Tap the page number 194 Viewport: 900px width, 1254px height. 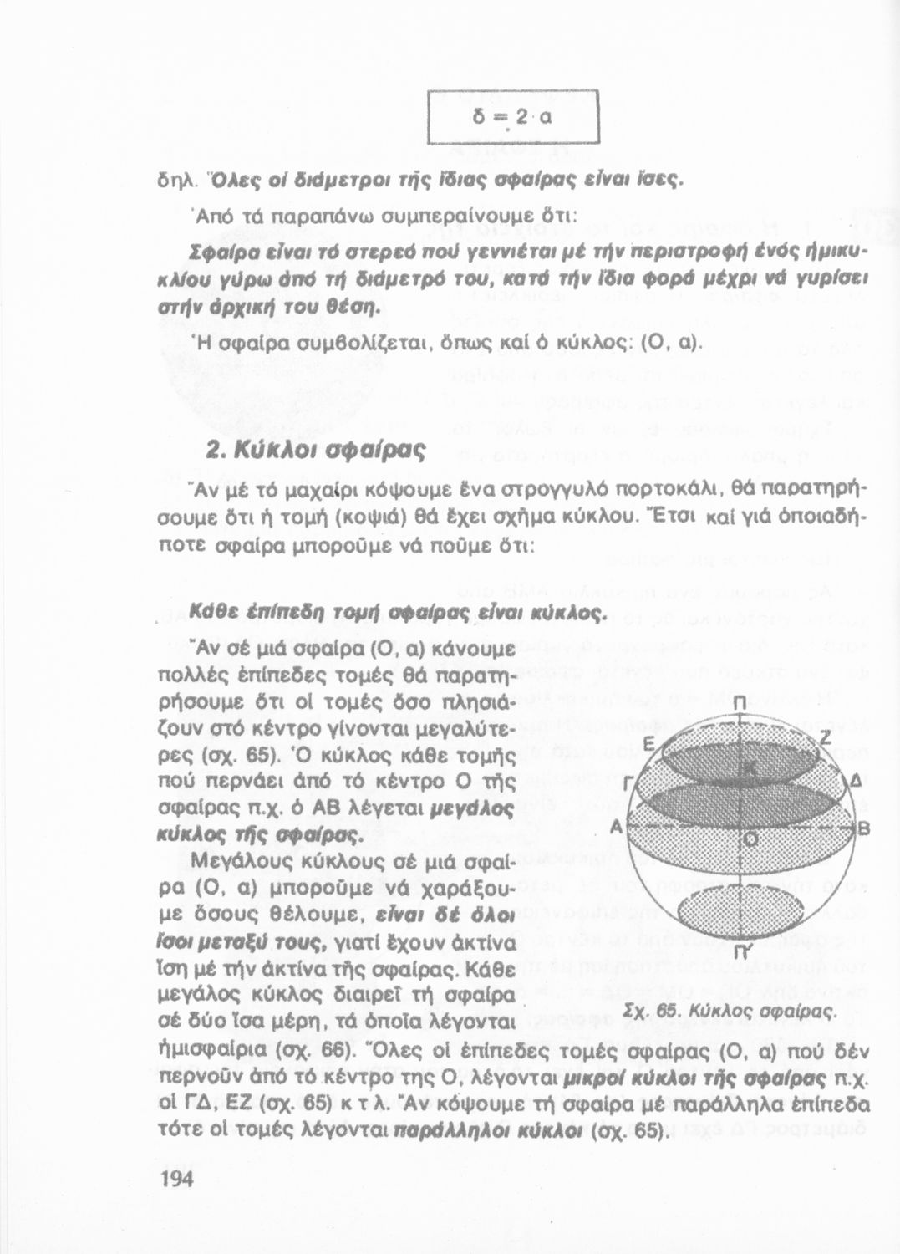[x=175, y=1179]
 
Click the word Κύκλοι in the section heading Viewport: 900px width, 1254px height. [x=280, y=451]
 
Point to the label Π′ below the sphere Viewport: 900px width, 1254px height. [x=740, y=952]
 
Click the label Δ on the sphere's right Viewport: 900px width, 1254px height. [x=855, y=782]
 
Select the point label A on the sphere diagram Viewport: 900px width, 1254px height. [x=617, y=826]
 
